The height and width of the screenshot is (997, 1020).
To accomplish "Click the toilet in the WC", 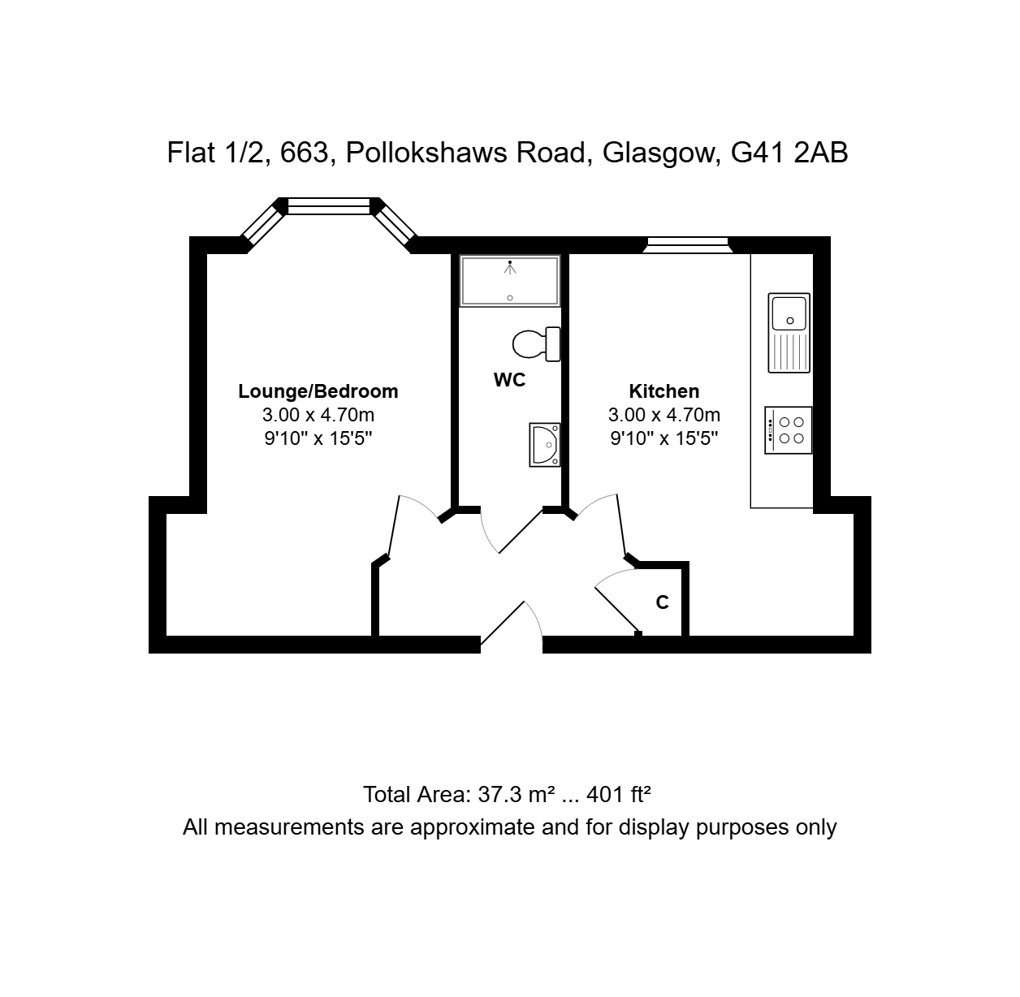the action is (x=537, y=344).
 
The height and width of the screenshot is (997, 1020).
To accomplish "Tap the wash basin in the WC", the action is (x=545, y=445).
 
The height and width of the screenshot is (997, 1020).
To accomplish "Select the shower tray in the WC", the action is (x=510, y=281).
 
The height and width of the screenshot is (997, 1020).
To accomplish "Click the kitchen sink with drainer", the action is (x=789, y=333).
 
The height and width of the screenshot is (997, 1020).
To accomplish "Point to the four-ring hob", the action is (x=788, y=430).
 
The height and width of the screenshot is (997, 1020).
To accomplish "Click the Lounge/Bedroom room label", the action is (x=318, y=391).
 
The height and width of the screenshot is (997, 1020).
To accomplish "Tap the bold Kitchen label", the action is (x=663, y=391).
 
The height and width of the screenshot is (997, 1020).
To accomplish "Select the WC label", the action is (x=509, y=380).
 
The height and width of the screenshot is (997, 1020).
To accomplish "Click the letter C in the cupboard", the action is (x=663, y=602).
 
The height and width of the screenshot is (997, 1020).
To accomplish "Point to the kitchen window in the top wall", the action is (x=688, y=245).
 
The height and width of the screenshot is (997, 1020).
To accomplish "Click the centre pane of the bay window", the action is (x=329, y=206).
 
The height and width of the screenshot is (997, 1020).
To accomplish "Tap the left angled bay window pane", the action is (x=264, y=225).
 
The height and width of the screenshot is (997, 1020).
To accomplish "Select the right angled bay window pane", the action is (x=394, y=225).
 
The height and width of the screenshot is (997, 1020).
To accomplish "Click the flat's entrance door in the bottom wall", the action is (x=503, y=622).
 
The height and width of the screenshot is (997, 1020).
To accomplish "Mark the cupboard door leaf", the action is (x=617, y=609).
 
